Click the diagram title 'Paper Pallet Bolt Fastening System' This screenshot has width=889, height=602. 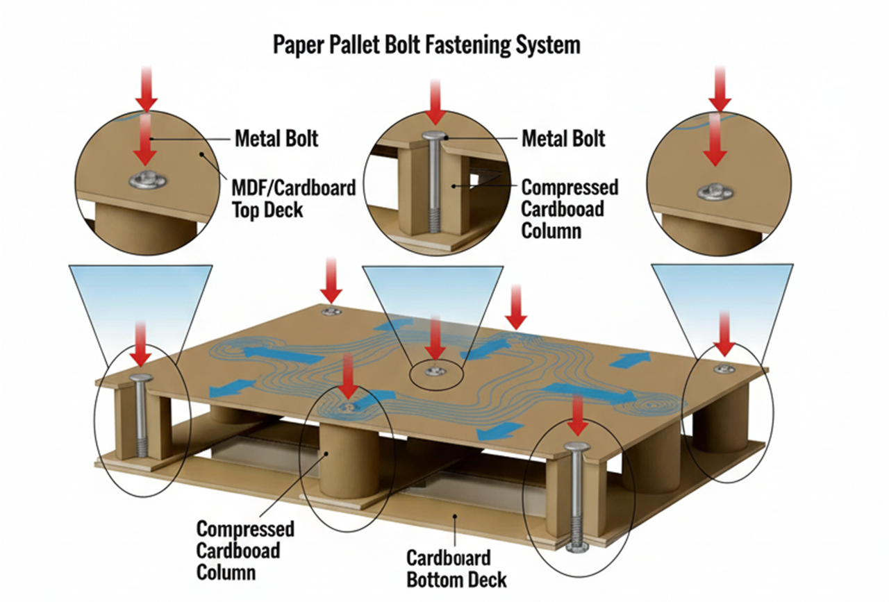426,46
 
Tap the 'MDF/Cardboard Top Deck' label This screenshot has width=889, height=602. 293,199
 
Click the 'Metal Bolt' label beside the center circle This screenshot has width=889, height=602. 563,138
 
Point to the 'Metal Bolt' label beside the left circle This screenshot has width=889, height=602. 276,138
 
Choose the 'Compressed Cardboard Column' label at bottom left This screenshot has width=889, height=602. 245,551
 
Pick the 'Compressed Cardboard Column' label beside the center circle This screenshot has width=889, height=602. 570,209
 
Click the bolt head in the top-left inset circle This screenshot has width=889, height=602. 148,181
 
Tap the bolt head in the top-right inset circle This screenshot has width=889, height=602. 715,192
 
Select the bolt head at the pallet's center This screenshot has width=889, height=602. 434,371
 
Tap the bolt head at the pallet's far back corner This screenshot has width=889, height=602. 332,311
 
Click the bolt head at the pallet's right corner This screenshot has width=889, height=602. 724,369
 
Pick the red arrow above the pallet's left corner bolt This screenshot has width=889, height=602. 141,344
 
